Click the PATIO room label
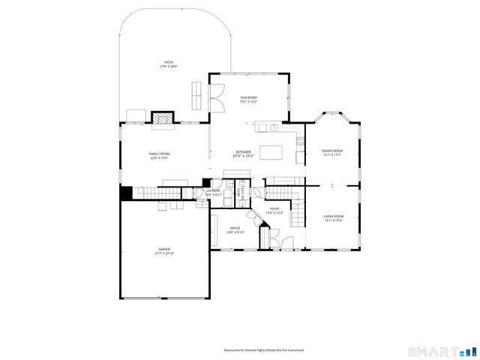point(169,62)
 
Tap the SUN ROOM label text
point(248,97)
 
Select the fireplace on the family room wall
point(162,118)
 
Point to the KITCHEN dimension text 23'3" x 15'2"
point(244,156)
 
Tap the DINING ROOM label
point(332,151)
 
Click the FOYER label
point(274,209)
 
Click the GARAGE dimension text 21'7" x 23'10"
point(165,253)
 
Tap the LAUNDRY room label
point(214,191)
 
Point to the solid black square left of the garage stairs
point(127,193)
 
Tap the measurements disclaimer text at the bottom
point(264,350)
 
